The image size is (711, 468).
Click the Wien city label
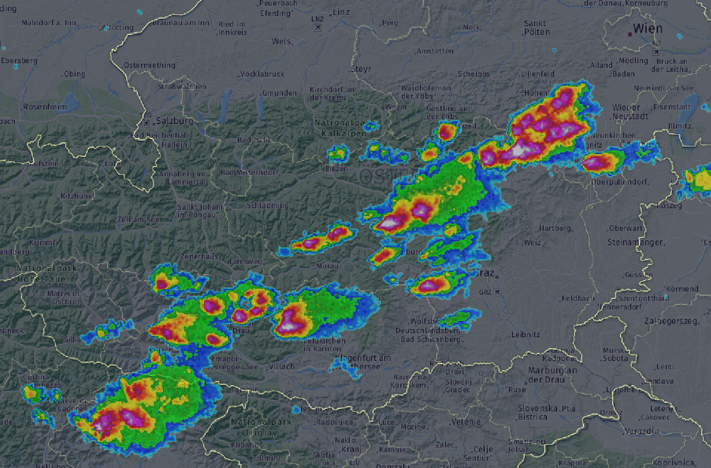pos(648,28)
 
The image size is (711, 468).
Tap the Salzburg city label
pos(175,121)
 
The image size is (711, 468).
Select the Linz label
pos(341,12)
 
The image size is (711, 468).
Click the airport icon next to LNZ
pos(317,27)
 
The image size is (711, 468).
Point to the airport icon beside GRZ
pos(497,292)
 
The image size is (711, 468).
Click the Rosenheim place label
pos(45,107)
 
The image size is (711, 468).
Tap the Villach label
pos(282,366)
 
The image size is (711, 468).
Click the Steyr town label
pos(361,69)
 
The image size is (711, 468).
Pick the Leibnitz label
pos(526,334)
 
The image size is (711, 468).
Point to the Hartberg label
pos(556,228)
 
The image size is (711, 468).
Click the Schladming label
pos(268,205)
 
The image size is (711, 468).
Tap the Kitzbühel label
pos(77,196)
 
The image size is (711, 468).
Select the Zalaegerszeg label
pos(672,321)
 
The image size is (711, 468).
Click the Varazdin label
pos(641,431)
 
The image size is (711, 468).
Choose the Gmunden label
pos(279,93)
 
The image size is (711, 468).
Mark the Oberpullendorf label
pos(620,182)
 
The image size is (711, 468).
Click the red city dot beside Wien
pos(630,34)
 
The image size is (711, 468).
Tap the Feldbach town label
pos(578,298)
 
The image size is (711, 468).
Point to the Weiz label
pos(532,242)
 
